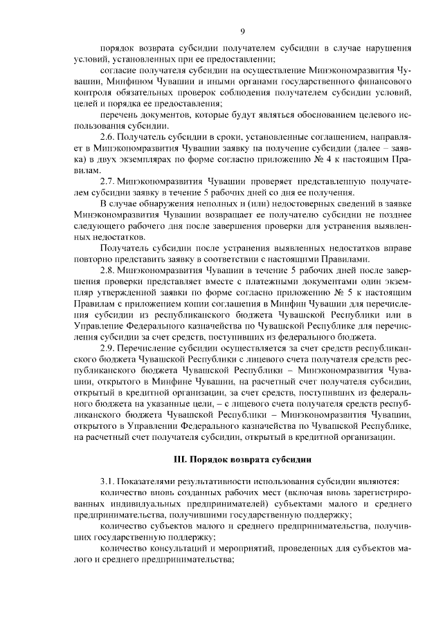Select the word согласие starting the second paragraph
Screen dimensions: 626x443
(118, 71)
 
